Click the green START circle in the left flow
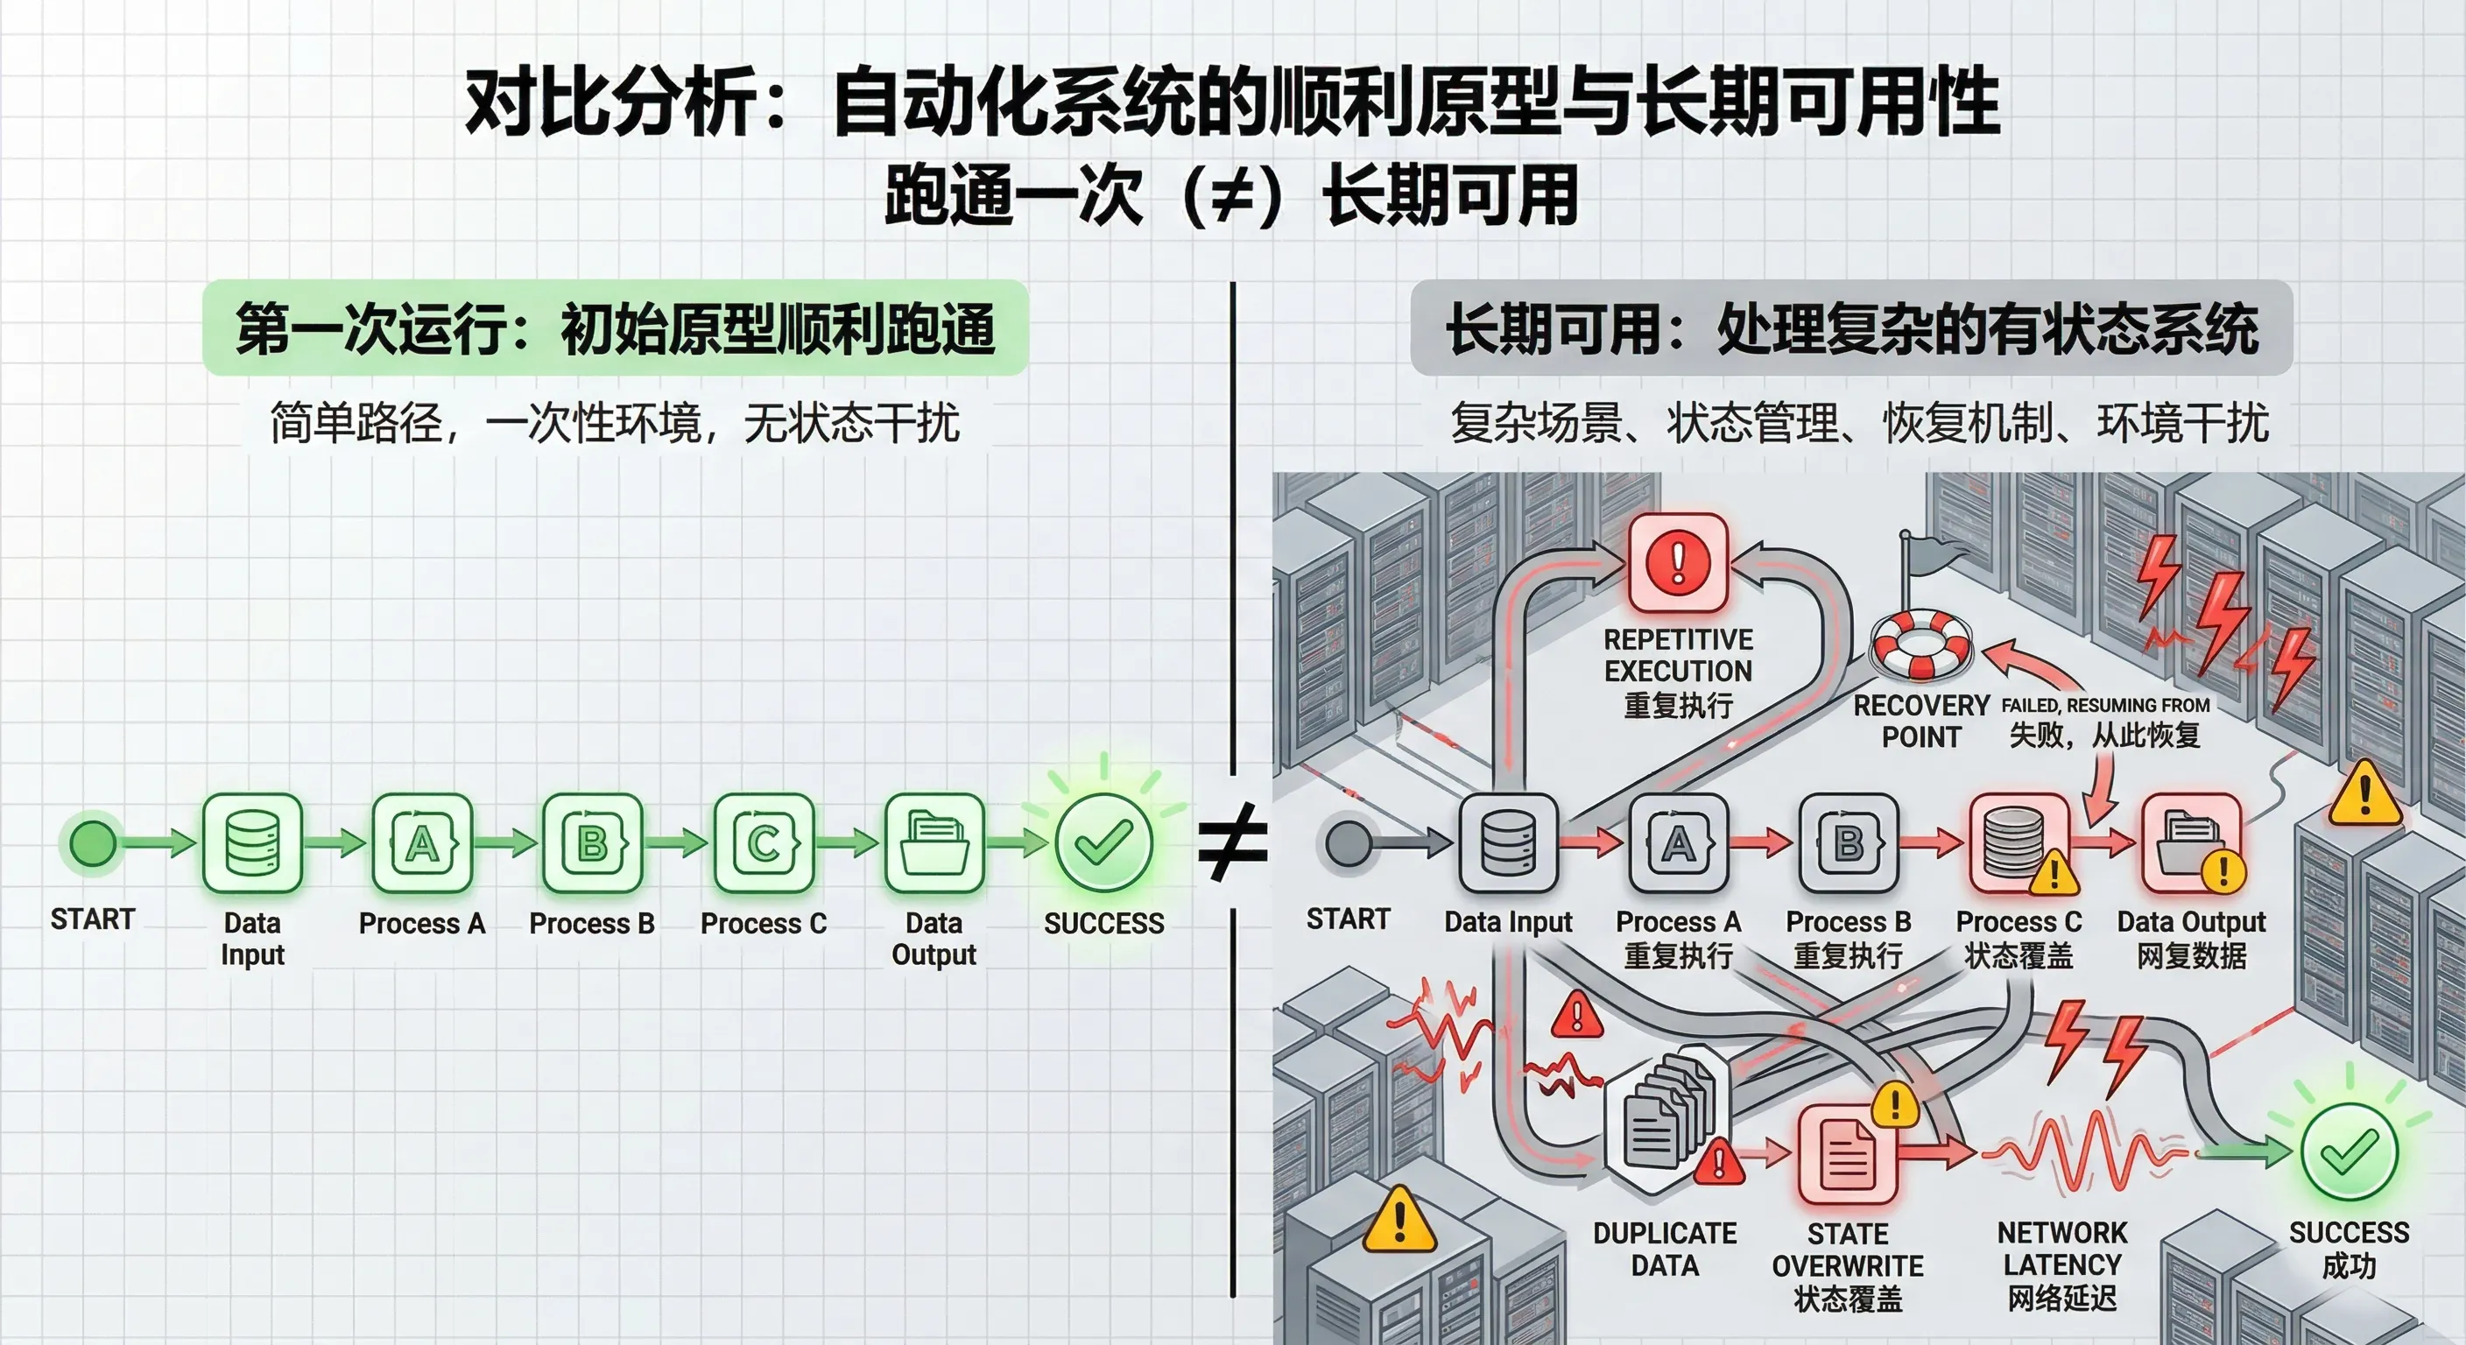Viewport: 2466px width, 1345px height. [93, 842]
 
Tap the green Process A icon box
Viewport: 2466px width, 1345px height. [422, 843]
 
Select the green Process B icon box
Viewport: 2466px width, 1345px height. [593, 843]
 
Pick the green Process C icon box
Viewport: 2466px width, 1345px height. [764, 843]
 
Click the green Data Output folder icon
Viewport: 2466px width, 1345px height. [934, 843]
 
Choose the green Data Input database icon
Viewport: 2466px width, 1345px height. [253, 843]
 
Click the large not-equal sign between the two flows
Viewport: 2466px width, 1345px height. [1233, 842]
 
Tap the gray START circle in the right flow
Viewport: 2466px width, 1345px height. [1349, 842]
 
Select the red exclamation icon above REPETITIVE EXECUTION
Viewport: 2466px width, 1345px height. [1678, 562]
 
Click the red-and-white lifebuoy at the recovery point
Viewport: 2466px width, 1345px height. [1920, 644]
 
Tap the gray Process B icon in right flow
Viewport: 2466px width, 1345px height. [1849, 843]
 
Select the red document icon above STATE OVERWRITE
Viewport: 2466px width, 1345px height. [1848, 1153]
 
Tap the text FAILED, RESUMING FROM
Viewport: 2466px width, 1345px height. [2105, 706]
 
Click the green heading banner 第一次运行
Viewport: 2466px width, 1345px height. [615, 328]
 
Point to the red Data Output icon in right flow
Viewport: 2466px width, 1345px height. [2191, 843]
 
